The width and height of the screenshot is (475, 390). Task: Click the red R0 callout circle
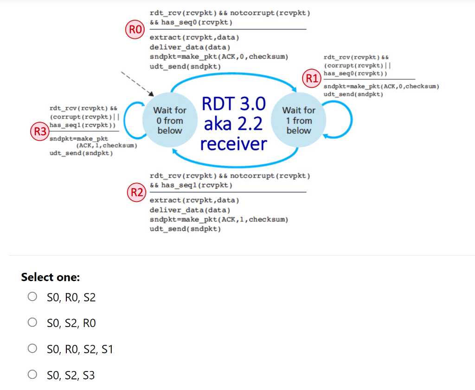(x=134, y=30)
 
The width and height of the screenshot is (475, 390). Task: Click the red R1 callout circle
(x=311, y=78)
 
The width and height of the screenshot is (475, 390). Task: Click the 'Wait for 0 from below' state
(x=169, y=120)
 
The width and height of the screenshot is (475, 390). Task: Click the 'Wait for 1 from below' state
(x=298, y=120)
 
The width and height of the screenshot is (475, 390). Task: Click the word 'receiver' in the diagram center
(x=234, y=144)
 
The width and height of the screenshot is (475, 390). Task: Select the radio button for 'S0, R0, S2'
(x=32, y=296)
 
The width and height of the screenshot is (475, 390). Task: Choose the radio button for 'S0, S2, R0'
(x=32, y=322)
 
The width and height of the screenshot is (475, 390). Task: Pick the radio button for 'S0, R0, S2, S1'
(x=32, y=348)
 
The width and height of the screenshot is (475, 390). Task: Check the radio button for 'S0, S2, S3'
(x=32, y=374)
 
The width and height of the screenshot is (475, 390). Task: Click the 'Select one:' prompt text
(x=50, y=277)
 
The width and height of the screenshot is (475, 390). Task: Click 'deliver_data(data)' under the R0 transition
(x=190, y=47)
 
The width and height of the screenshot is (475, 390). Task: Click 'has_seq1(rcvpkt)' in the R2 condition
(x=197, y=185)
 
